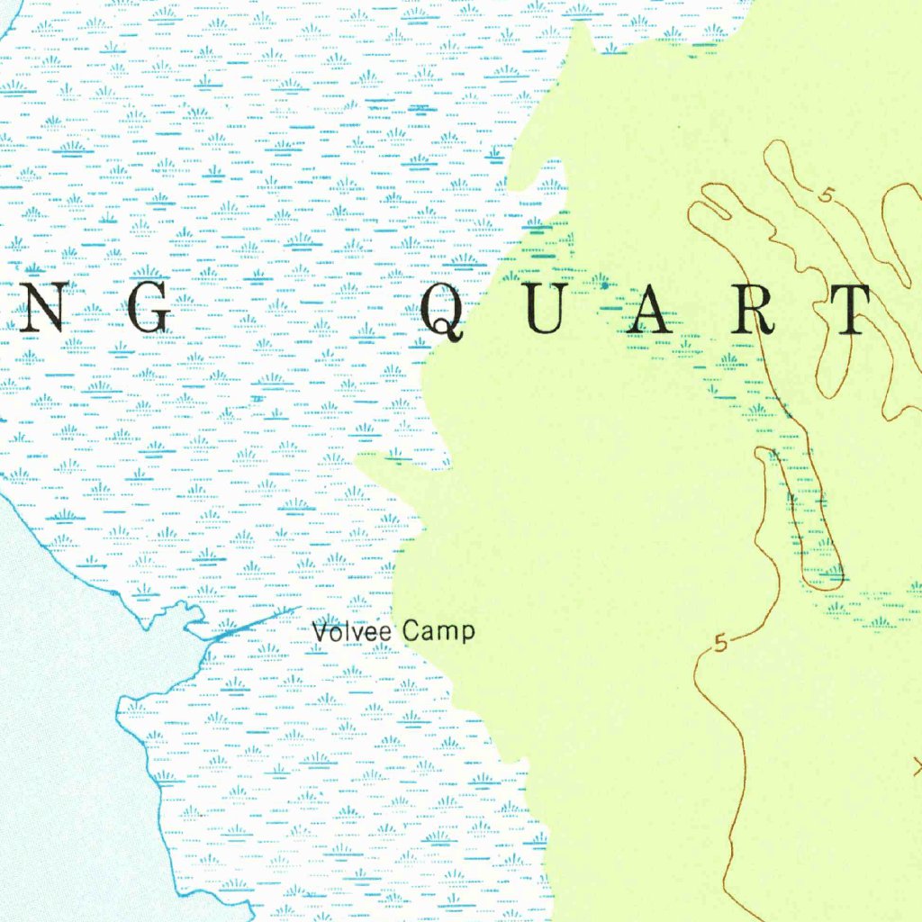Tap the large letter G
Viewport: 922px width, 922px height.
(144, 311)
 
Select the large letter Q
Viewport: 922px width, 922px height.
(442, 312)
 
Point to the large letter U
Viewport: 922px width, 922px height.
(542, 311)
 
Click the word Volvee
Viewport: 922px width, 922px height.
(352, 632)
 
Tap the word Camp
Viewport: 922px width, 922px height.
(438, 632)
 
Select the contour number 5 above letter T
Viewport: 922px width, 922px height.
(826, 193)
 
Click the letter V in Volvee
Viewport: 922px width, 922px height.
(320, 632)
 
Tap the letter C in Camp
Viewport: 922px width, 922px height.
(411, 631)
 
